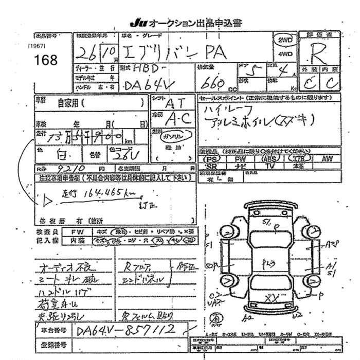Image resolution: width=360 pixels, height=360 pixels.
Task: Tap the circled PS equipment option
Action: [x=211, y=159]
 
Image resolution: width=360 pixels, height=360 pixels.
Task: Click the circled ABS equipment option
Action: [x=268, y=159]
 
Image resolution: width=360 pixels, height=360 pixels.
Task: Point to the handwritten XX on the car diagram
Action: [x=272, y=297]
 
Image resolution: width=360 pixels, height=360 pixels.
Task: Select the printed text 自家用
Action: [x=68, y=103]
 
